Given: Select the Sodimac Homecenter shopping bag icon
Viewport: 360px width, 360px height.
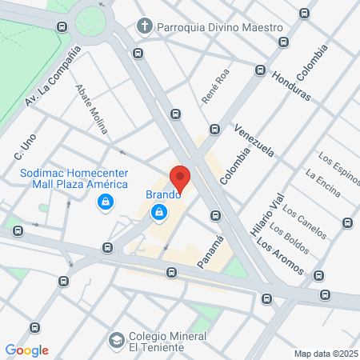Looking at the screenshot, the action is [x=105, y=204].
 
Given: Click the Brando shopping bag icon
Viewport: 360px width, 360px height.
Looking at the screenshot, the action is [x=160, y=212].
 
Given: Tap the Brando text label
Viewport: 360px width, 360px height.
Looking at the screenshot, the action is [x=162, y=194].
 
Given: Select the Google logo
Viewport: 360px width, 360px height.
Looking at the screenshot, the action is [x=27, y=350].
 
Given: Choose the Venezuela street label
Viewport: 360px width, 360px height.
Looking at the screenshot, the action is [x=254, y=139].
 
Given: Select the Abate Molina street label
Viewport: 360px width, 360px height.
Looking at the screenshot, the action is [x=92, y=108].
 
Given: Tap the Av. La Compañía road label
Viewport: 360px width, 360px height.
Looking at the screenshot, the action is [x=54, y=76].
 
